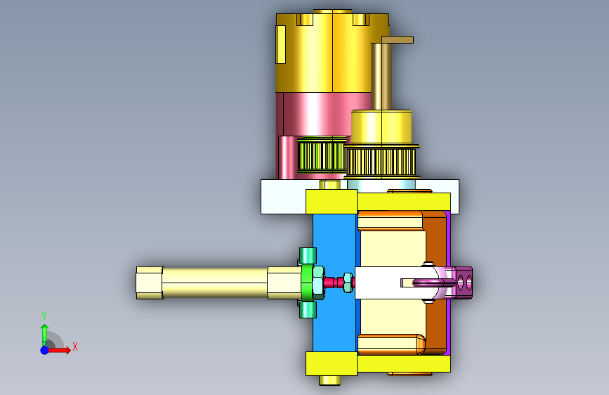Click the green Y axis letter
44,316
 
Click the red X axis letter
75,347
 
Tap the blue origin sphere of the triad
45,350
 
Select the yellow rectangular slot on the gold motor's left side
281,44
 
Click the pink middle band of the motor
323,115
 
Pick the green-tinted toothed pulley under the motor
322,155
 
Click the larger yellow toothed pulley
381,161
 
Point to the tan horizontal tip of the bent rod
398,39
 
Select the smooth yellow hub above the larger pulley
381,127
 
